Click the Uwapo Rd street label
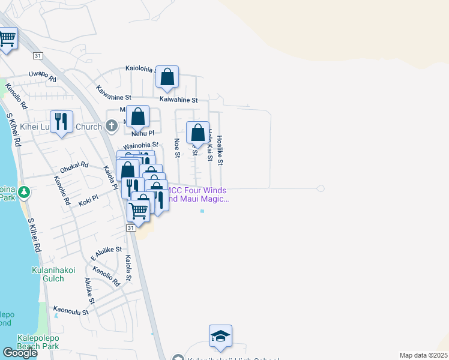click(43, 76)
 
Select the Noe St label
click(177, 148)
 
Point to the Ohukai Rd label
click(74, 167)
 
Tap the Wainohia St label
click(140, 145)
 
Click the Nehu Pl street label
click(143, 133)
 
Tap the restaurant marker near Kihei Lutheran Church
click(61, 122)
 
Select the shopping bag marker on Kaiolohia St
click(167, 77)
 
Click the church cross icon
click(111, 126)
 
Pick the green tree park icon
click(24, 193)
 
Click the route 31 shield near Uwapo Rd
click(38, 56)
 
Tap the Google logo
click(20, 352)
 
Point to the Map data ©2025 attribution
click(423, 355)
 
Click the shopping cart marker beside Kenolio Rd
click(7, 40)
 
